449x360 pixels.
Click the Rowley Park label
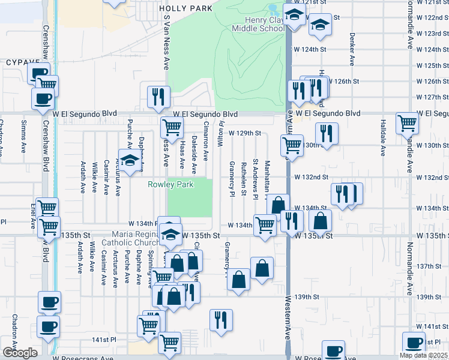coord(171,185)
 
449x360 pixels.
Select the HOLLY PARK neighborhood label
coord(186,8)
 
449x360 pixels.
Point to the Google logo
coord(19,353)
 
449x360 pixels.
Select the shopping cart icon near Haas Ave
coord(172,127)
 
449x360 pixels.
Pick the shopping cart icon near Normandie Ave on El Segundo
coord(407,123)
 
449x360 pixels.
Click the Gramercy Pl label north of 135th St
coord(232,178)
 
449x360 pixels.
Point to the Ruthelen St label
coord(244,178)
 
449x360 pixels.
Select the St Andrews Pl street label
coord(256,170)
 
